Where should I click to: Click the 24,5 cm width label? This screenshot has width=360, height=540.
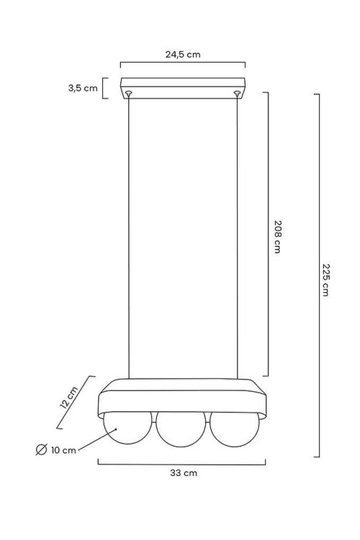pyautogui.click(x=183, y=55)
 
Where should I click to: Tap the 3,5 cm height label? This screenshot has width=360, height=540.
pyautogui.click(x=83, y=88)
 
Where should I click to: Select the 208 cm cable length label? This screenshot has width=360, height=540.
pyautogui.click(x=278, y=237)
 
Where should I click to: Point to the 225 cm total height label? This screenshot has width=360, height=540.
pyautogui.click(x=326, y=280)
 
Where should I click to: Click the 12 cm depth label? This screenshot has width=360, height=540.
pyautogui.click(x=69, y=397)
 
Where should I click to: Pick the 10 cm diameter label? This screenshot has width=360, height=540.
pyautogui.click(x=63, y=450)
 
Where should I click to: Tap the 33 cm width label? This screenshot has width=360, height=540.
pyautogui.click(x=184, y=473)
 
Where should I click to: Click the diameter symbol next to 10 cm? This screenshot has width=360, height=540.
pyautogui.click(x=41, y=449)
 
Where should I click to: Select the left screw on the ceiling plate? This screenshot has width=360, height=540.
pyautogui.click(x=129, y=93)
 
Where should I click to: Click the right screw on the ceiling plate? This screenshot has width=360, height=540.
pyautogui.click(x=237, y=93)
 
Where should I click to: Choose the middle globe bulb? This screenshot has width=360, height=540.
pyautogui.click(x=181, y=429)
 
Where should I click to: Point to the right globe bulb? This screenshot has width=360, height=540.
pyautogui.click(x=235, y=429)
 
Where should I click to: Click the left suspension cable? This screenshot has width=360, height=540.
pyautogui.click(x=129, y=237)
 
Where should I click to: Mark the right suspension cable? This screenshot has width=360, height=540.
pyautogui.click(x=237, y=237)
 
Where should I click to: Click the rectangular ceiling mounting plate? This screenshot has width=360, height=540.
pyautogui.click(x=183, y=89)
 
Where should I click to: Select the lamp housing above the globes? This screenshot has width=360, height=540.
pyautogui.click(x=182, y=399)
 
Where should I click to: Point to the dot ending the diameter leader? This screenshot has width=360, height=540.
pyautogui.click(x=116, y=429)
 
